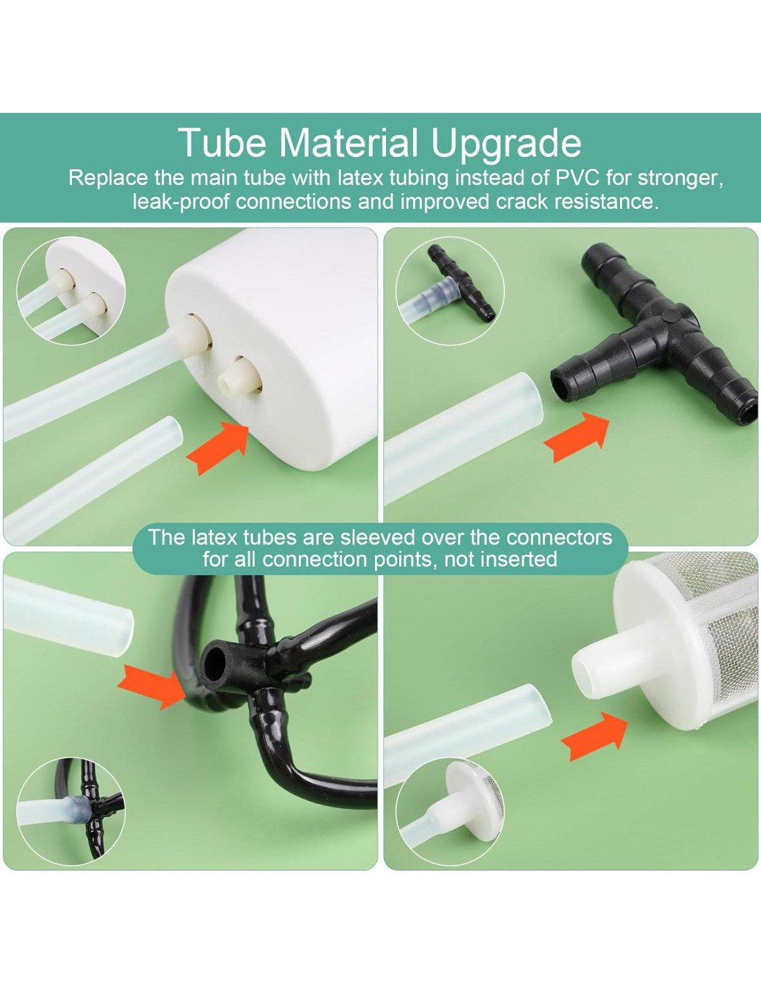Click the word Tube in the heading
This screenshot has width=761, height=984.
224,142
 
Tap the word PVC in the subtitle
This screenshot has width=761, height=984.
578,178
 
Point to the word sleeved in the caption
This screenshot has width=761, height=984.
377,537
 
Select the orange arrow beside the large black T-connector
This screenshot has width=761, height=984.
577,437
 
